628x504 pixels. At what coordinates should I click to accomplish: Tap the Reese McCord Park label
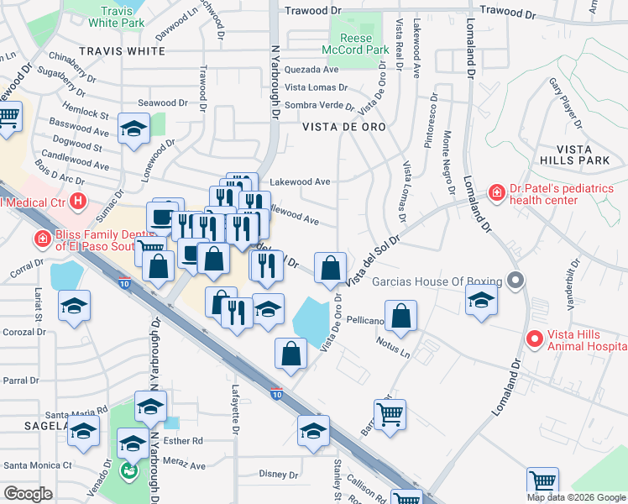[x=365, y=44]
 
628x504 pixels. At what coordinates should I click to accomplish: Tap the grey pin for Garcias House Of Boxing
[x=516, y=281]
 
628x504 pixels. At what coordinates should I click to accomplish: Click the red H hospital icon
[x=78, y=201]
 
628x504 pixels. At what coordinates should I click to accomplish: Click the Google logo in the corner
[x=28, y=494]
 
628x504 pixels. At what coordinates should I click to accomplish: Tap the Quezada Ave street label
[x=311, y=70]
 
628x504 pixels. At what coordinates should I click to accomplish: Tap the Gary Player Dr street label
[x=565, y=102]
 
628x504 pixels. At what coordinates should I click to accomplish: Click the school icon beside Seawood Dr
[x=133, y=130]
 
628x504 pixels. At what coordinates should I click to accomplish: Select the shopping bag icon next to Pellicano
[x=403, y=317]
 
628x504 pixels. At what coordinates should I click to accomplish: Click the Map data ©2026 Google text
[x=576, y=497]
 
